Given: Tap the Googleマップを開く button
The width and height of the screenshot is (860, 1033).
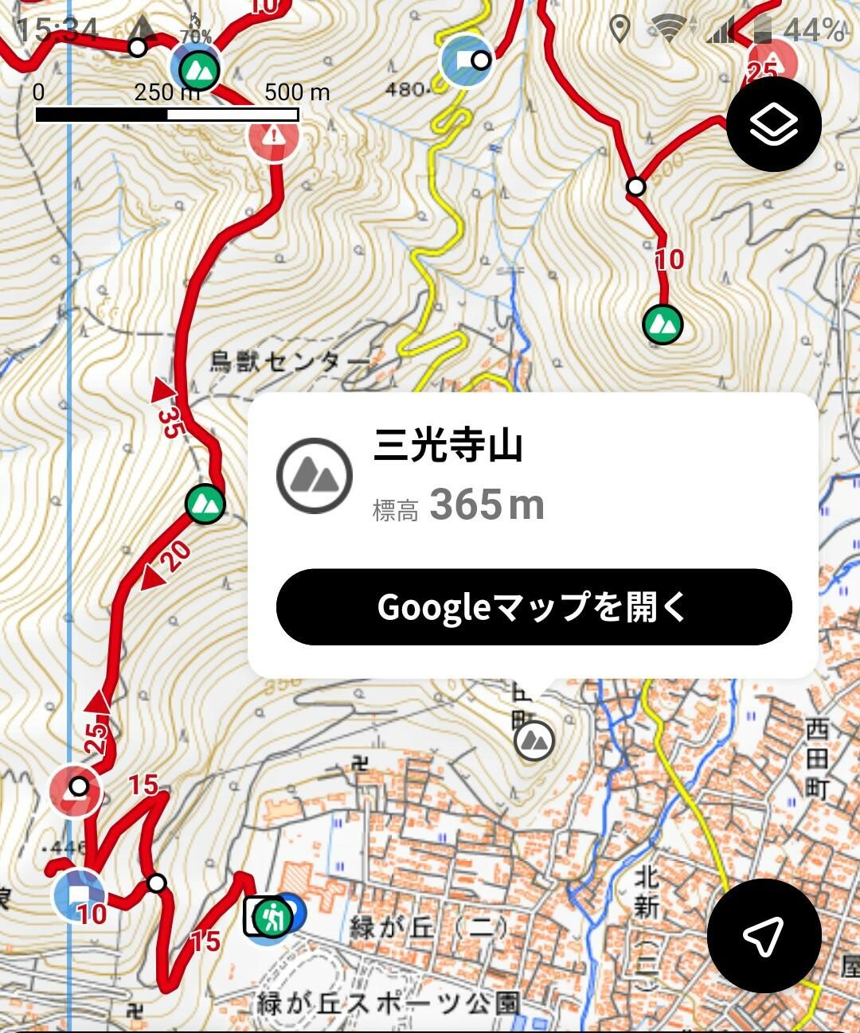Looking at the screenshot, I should tap(534, 607).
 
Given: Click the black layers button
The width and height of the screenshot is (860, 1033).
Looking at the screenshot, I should tap(773, 124).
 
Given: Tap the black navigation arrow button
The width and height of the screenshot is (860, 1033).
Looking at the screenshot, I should tap(763, 935).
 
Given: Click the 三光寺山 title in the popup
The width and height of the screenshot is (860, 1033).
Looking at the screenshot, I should tap(448, 445).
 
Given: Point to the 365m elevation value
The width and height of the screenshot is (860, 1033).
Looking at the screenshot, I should tap(487, 505).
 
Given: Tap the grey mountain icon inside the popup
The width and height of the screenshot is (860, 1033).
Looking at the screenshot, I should tap(315, 475).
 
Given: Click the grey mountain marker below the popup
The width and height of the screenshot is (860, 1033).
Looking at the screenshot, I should tap(534, 740).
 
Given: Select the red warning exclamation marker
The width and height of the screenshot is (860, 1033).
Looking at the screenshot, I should tap(274, 136).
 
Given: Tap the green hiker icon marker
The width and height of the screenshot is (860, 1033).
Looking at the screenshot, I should tap(272, 917).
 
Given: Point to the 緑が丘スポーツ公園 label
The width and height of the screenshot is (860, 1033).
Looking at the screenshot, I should tap(389, 1004).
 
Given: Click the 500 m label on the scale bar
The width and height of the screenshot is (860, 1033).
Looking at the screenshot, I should tap(297, 92).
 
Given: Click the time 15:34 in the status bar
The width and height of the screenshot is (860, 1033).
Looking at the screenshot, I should tap(56, 30).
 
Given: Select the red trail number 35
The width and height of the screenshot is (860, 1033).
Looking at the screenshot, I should tap(169, 422).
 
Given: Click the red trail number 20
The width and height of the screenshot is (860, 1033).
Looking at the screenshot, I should tap(176, 555).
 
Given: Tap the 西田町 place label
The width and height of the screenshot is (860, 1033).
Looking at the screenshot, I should tap(818, 758).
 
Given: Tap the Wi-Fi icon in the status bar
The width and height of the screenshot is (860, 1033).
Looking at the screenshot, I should tap(667, 29).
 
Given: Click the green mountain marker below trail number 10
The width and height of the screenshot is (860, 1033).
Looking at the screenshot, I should tap(663, 324).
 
